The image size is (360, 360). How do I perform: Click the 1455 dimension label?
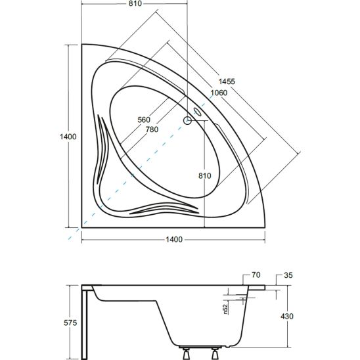(227, 81)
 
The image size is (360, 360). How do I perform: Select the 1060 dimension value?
(219, 93)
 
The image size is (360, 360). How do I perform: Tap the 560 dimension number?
(144, 120)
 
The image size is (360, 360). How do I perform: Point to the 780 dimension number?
(152, 129)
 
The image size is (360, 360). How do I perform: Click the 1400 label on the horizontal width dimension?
(174, 240)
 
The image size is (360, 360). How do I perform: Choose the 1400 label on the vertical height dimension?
(68, 137)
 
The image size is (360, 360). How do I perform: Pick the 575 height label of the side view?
(70, 323)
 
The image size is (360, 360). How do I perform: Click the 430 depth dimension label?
(287, 317)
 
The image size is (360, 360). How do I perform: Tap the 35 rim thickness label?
(288, 275)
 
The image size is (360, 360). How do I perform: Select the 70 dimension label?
(256, 275)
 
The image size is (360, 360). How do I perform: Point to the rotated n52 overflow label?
(226, 309)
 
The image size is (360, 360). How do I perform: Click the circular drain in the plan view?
(187, 120)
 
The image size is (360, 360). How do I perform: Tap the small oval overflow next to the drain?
(197, 112)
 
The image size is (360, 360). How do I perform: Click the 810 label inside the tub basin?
(204, 175)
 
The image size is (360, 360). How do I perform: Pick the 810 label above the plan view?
(135, 4)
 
